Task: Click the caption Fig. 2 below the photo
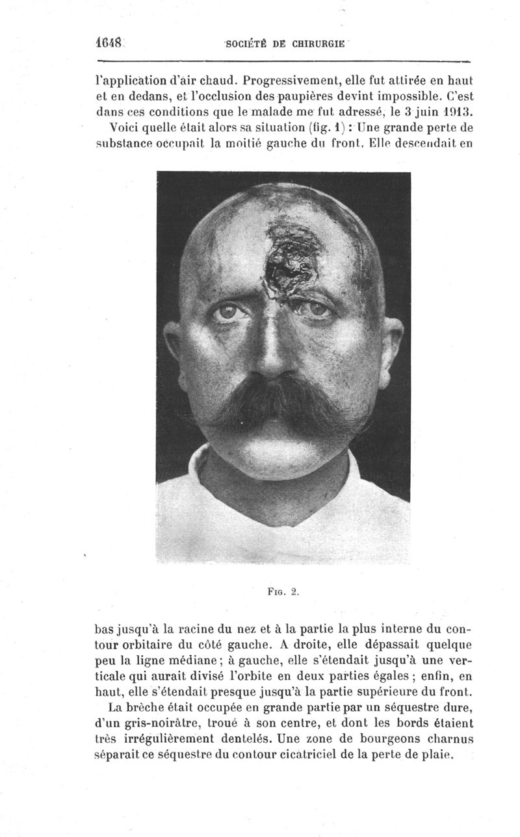point(285,592)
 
